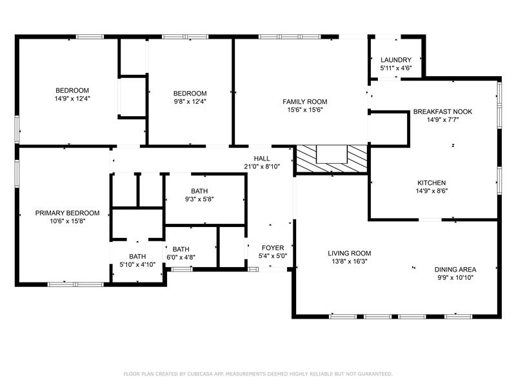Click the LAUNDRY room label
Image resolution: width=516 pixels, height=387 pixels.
pos(396,60)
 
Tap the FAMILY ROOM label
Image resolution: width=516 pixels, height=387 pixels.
pos(304,102)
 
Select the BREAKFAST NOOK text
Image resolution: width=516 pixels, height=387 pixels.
pos(442,112)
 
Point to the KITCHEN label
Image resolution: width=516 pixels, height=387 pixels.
pos(432,183)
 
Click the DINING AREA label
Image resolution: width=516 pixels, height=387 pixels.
pos(455,270)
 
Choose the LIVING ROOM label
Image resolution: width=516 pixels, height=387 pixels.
pos(349,253)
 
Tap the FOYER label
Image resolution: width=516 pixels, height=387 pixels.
pos(273,248)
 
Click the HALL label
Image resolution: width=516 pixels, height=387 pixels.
pos(262,159)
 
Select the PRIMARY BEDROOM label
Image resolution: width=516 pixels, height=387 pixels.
pos(67,213)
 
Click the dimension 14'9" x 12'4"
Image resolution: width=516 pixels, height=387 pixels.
pos(72,99)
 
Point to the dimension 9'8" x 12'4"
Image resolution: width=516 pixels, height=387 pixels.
pos(190,101)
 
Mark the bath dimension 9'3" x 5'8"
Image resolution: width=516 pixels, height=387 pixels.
pos(199,199)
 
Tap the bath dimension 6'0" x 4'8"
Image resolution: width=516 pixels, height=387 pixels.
pos(181,257)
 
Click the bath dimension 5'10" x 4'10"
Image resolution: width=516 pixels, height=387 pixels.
pos(137,264)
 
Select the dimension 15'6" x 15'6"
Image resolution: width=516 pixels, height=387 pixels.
pos(305,110)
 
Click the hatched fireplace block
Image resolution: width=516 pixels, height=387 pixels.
pos(332,159)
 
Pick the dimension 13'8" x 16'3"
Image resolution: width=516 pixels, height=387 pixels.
pos(350,262)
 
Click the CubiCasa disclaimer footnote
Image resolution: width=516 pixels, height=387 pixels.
pos(258,374)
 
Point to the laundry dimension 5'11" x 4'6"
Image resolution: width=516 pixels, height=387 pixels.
pos(396,68)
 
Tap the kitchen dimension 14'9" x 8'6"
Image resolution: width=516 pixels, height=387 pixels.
pos(432,191)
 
